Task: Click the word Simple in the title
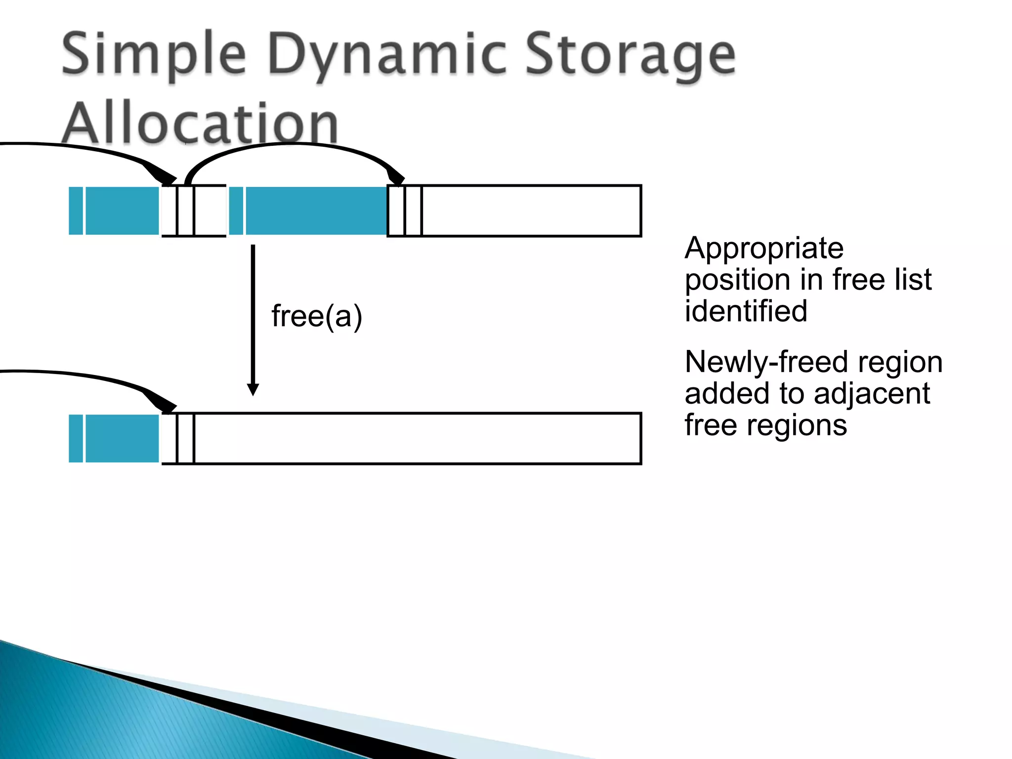coord(154,54)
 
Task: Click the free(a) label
coord(317,316)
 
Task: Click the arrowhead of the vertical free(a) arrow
coord(253,389)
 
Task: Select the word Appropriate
coord(764,248)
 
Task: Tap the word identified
coord(746,311)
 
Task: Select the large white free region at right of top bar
coord(531,211)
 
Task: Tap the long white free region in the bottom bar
coord(418,438)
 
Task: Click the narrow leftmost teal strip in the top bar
coord(76,211)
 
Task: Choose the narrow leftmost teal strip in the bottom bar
coord(76,438)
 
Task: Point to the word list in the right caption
coord(913,280)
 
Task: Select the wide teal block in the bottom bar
coord(123,438)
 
